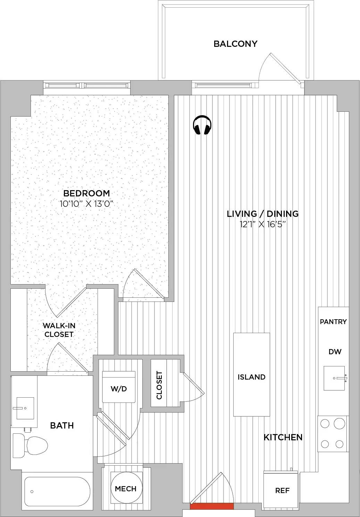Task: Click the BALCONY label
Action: point(235,44)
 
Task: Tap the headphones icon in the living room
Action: point(202,125)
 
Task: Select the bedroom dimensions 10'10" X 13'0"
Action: point(87,204)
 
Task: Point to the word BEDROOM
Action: point(86,193)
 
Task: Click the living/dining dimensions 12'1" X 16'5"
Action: point(263,224)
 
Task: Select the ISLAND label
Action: point(251,377)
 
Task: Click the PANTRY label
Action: point(333,322)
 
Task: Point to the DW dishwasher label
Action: point(335,352)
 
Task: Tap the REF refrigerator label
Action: point(283,491)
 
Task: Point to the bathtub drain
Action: point(32,492)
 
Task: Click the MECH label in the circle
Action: point(126,489)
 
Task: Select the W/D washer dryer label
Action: point(119,389)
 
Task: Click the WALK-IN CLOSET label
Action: point(59,330)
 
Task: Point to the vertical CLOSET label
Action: point(159,385)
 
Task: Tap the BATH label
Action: point(62,425)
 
